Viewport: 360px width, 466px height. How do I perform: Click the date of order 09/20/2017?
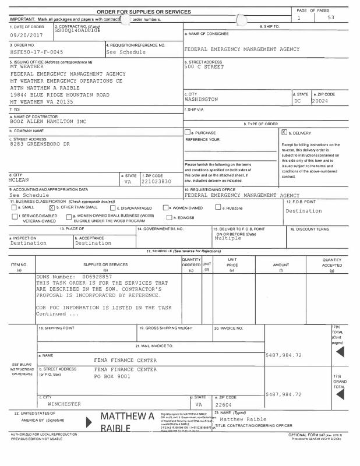24,34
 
